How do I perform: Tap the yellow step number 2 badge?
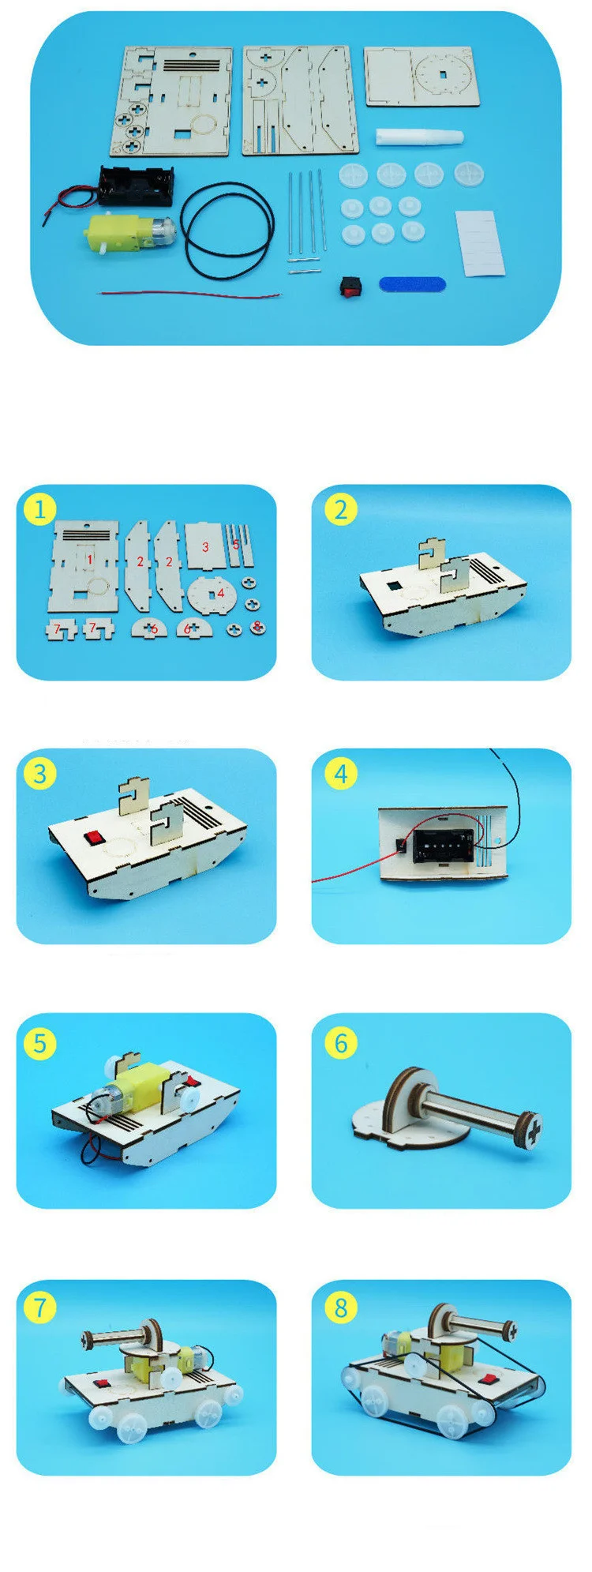click(340, 509)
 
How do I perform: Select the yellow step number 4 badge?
click(340, 774)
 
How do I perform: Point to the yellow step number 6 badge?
click(340, 1043)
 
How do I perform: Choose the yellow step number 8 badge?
click(340, 1307)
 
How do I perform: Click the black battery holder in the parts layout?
click(136, 186)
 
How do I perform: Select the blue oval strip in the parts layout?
click(412, 283)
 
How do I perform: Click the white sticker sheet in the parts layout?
click(479, 242)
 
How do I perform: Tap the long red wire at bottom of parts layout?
click(189, 295)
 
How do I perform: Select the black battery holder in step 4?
click(439, 844)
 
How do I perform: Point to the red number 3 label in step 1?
click(205, 546)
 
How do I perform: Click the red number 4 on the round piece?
click(221, 592)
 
